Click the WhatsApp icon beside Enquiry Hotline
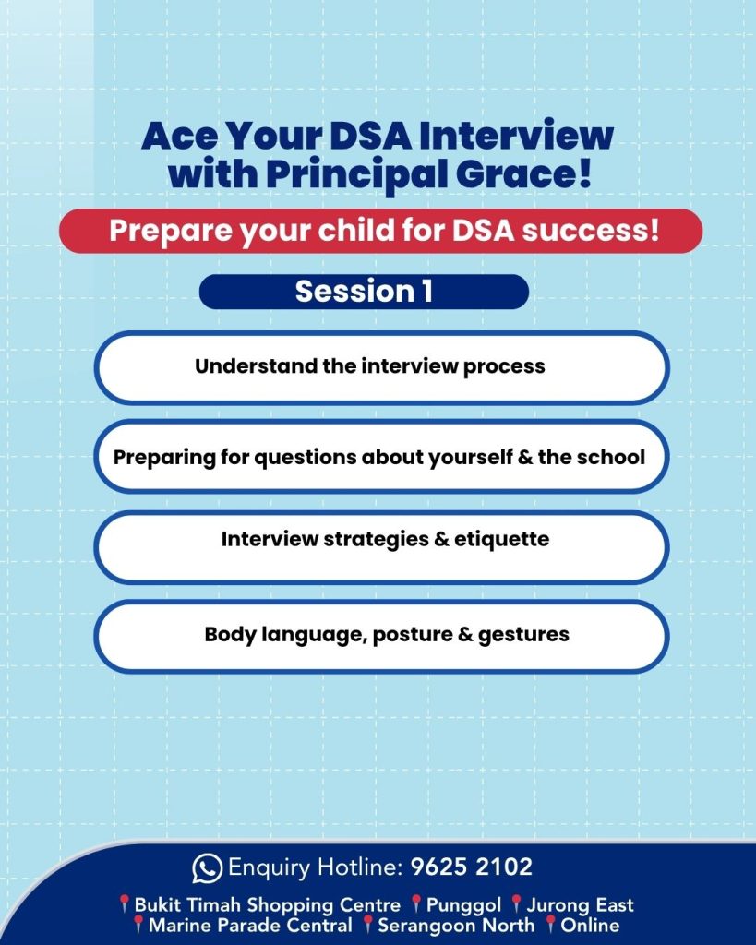pos(207,868)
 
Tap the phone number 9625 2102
pos(472,867)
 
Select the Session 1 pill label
pos(364,292)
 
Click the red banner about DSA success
pos(381,231)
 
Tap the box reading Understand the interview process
pos(381,367)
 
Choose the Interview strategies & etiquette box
pos(381,547)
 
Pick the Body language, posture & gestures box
pos(381,636)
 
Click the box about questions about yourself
pos(381,457)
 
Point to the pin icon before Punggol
pos(416,904)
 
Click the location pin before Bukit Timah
pos(125,904)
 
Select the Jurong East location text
pos(580,905)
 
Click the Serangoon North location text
pos(456,925)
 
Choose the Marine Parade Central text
pos(250,925)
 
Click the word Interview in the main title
pos(517,136)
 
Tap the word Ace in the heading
pos(179,137)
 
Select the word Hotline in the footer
pos(360,867)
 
